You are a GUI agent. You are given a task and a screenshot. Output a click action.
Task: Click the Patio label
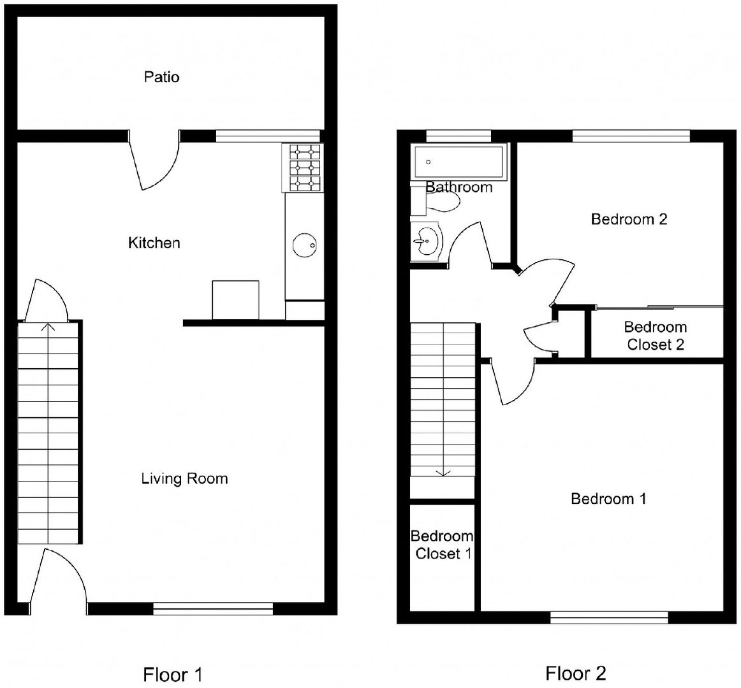point(161,77)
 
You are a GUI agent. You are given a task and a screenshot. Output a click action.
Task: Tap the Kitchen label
point(154,243)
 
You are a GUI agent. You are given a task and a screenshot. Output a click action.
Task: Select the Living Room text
point(184,479)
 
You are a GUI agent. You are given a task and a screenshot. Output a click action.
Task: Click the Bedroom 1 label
point(608,499)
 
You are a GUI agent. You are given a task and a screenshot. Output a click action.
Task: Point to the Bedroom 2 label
point(629,219)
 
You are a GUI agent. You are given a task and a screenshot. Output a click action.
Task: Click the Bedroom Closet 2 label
point(656,336)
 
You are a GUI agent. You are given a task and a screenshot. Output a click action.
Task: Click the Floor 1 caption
point(172,675)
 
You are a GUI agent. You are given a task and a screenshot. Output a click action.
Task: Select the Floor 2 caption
point(576,673)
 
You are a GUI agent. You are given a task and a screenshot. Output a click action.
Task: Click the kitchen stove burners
point(303,168)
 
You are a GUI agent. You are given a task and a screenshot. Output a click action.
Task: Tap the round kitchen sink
point(304,245)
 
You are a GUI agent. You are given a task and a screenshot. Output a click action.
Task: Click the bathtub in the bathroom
point(459,162)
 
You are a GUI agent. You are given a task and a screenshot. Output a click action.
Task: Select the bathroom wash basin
point(426,241)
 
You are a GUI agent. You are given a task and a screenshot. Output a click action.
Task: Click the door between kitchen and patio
point(155,161)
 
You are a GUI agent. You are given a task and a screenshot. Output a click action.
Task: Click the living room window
point(213,608)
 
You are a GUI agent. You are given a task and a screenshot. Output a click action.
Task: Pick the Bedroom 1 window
point(609,617)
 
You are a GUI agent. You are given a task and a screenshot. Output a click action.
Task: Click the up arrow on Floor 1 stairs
point(48,327)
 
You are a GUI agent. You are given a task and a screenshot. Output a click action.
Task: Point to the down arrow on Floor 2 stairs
point(443,472)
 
